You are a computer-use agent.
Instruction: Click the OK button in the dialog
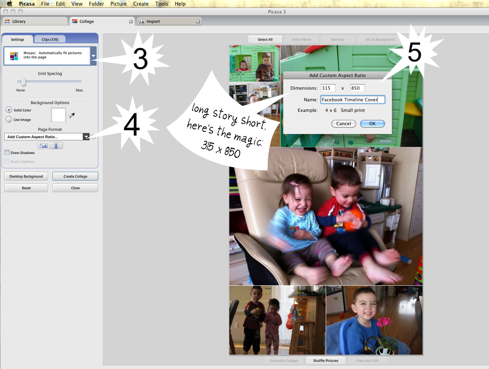tap(372, 123)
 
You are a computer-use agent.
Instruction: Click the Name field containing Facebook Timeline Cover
tap(353, 100)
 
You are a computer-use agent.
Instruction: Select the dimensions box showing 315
tap(328, 88)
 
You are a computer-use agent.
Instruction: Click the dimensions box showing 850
tap(357, 88)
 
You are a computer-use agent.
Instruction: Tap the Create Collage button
tap(75, 176)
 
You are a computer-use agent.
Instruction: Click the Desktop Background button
tap(26, 176)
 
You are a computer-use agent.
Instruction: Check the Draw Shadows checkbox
tap(7, 153)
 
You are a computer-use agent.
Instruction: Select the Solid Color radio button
tap(9, 110)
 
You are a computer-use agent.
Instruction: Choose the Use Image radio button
tap(9, 120)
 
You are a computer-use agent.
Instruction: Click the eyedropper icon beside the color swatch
tap(72, 115)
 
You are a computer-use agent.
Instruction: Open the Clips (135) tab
tap(50, 39)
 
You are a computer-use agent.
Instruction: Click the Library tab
tap(35, 21)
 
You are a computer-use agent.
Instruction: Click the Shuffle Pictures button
tap(325, 361)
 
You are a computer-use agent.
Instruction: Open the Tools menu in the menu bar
tap(161, 4)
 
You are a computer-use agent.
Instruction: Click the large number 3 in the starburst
tap(140, 59)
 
